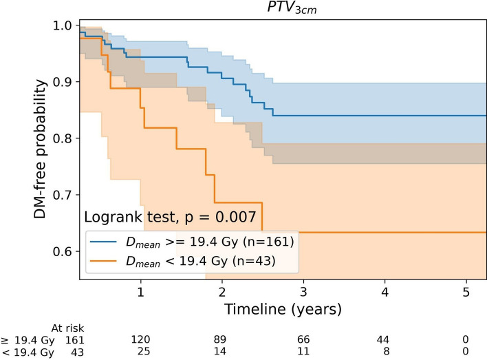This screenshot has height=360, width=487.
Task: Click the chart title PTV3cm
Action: click(x=292, y=8)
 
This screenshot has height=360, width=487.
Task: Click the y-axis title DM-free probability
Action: click(x=40, y=149)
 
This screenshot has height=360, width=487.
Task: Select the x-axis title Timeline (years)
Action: click(x=283, y=310)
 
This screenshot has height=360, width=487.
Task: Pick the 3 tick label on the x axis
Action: click(x=303, y=292)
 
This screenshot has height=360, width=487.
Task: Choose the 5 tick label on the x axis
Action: click(x=466, y=292)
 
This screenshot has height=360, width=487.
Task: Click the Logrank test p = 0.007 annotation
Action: click(x=170, y=217)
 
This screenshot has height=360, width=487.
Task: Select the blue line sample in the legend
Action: click(x=103, y=242)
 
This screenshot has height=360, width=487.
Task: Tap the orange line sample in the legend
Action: click(x=103, y=260)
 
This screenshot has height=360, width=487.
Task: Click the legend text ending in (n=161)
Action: click(x=210, y=242)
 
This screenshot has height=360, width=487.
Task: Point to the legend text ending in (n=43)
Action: click(x=201, y=261)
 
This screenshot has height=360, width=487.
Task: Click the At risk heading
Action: click(x=67, y=328)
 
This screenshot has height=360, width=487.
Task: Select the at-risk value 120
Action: click(x=140, y=339)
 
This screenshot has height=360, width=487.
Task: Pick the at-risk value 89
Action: click(x=220, y=339)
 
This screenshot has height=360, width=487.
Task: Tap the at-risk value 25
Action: click(x=144, y=351)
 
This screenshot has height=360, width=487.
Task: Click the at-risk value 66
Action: click(x=303, y=339)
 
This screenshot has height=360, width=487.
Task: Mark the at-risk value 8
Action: click(x=387, y=351)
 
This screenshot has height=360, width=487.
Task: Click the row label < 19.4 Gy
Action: click(x=28, y=352)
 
